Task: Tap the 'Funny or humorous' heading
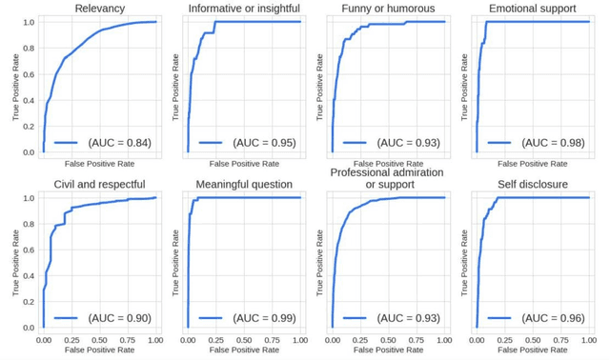click(x=388, y=10)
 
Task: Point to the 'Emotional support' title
click(x=532, y=10)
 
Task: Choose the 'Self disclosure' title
click(x=532, y=184)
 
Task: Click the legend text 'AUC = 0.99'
click(x=264, y=317)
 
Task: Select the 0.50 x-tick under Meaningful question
click(x=244, y=339)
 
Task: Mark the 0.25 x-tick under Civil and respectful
click(x=71, y=339)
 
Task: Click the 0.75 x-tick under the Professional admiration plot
click(x=417, y=339)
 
